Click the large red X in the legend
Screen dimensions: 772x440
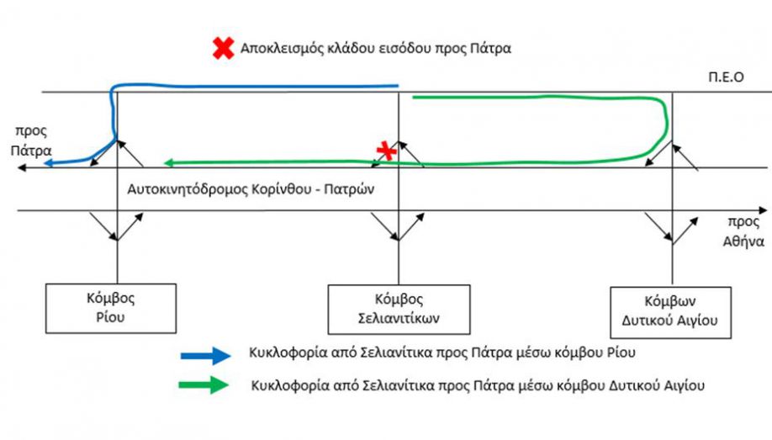223,48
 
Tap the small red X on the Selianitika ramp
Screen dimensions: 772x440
387,151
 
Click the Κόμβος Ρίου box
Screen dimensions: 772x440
111,309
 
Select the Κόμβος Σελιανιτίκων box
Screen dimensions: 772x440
399,310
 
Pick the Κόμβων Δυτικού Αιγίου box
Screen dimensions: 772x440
670,312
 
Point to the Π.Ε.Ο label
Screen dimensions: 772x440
726,77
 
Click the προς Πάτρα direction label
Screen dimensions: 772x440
31,140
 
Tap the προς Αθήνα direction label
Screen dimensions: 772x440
743,231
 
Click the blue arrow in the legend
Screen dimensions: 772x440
206,355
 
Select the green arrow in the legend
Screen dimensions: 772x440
204,384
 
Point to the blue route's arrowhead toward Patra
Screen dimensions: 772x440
48,163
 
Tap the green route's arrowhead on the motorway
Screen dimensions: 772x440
168,162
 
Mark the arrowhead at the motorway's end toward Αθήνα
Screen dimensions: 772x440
763,210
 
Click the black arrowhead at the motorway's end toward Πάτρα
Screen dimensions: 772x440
22,168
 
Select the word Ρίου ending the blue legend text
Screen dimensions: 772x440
621,353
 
